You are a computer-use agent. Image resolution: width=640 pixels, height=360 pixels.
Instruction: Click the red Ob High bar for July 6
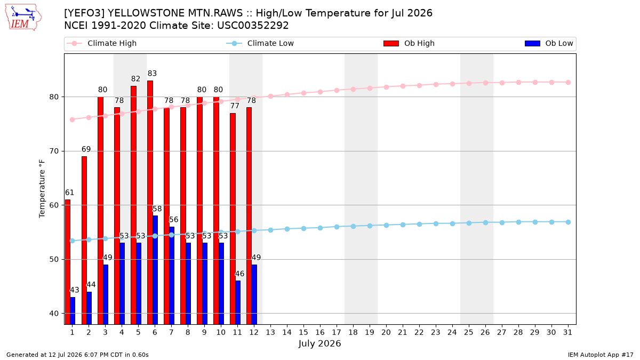click(150, 202)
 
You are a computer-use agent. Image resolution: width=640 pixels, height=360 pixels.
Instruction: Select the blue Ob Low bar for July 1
click(73, 310)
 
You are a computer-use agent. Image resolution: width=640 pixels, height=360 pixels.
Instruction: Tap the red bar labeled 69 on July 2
click(84, 241)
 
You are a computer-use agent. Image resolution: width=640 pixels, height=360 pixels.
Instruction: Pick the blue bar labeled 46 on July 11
click(238, 302)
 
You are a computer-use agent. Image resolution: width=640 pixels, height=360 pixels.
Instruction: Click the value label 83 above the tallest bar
click(153, 74)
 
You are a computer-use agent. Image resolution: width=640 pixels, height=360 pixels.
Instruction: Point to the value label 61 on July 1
click(69, 193)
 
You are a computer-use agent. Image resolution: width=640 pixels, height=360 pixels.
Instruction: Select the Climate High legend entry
click(101, 43)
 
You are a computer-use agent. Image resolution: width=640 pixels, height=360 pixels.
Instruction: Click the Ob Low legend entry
click(549, 43)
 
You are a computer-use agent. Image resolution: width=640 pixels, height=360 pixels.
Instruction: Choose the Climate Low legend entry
click(260, 43)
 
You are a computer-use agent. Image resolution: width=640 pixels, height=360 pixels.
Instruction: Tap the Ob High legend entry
click(409, 43)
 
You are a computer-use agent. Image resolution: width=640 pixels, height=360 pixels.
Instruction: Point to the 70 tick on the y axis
click(54, 151)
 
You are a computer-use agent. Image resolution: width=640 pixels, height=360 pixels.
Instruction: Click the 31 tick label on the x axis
click(567, 332)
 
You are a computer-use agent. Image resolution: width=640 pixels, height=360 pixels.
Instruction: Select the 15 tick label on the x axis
click(303, 332)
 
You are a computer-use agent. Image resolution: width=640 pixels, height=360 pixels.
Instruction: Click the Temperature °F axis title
click(42, 189)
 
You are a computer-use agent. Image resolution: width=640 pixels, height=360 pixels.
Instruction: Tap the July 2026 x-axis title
click(319, 343)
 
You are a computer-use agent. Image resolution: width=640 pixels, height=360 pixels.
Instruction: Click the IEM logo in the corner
click(23, 18)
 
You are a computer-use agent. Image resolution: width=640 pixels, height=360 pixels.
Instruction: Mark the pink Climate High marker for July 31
click(568, 82)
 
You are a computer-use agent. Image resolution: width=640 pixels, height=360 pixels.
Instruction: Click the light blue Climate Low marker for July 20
click(386, 225)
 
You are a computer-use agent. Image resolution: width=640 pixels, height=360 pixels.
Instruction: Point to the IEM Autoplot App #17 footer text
click(601, 355)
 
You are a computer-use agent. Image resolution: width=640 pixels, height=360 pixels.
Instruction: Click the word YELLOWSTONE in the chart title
click(146, 13)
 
